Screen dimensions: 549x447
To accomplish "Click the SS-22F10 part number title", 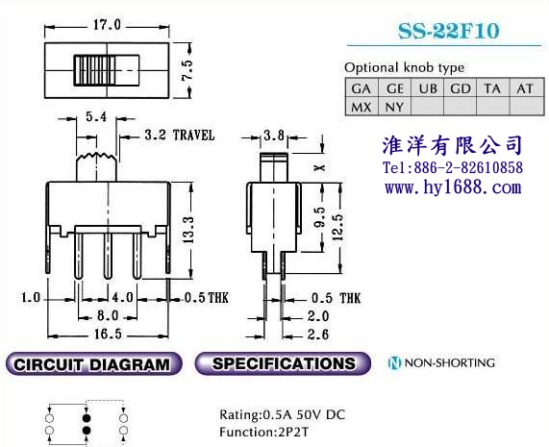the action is coord(448,31).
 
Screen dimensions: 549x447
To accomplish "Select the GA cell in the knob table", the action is coord(362,88).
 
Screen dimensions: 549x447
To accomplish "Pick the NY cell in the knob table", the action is coord(394,107).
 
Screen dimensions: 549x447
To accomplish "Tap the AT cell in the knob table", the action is coord(525,88).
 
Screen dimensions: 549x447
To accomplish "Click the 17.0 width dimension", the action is coord(107,25).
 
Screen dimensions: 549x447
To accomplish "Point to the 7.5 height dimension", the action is coord(187,70).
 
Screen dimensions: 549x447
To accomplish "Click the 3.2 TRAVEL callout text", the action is coord(179,136).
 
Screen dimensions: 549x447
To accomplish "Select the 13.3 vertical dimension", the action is coord(188,230).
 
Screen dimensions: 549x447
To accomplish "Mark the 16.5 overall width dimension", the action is coord(108,335).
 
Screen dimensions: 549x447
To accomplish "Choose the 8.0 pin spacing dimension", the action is coord(108,315).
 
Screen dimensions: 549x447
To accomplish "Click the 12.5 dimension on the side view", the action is coord(337,227).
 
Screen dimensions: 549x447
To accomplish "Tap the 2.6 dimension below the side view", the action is coord(318,335).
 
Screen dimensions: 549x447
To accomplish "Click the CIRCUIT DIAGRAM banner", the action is coord(94,364).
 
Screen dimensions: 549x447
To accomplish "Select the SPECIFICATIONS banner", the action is coord(283,363).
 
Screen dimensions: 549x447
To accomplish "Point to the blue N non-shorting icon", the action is coord(394,363).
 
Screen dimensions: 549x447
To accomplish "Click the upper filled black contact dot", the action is coord(87,418).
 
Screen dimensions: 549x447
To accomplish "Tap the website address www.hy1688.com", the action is coord(453,187).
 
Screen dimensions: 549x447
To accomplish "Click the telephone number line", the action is coord(453,167).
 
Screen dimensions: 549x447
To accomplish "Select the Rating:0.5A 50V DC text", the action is coord(283,415).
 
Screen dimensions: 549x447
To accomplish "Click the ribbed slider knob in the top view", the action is coord(94,70).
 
